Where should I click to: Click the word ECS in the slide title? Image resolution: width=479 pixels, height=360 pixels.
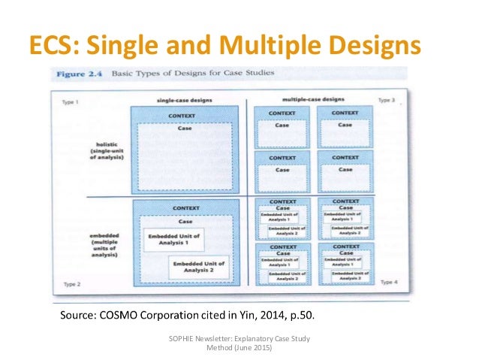click(53, 46)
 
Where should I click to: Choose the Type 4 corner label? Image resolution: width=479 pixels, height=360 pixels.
click(388, 282)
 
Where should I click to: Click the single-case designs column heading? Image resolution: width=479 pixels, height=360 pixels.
click(177, 100)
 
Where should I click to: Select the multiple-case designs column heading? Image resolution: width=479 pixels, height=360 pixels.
click(312, 99)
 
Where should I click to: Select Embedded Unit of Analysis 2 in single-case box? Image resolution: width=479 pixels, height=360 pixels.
click(197, 267)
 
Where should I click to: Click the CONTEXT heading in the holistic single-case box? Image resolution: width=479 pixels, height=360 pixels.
click(184, 116)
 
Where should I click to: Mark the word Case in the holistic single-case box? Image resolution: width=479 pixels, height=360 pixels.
click(184, 128)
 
